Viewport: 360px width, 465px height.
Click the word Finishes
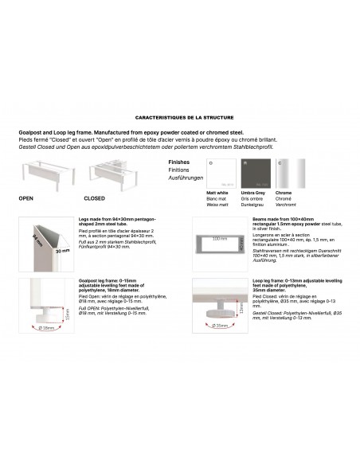[179, 161]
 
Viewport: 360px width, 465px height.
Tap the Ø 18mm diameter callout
[46, 328]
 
